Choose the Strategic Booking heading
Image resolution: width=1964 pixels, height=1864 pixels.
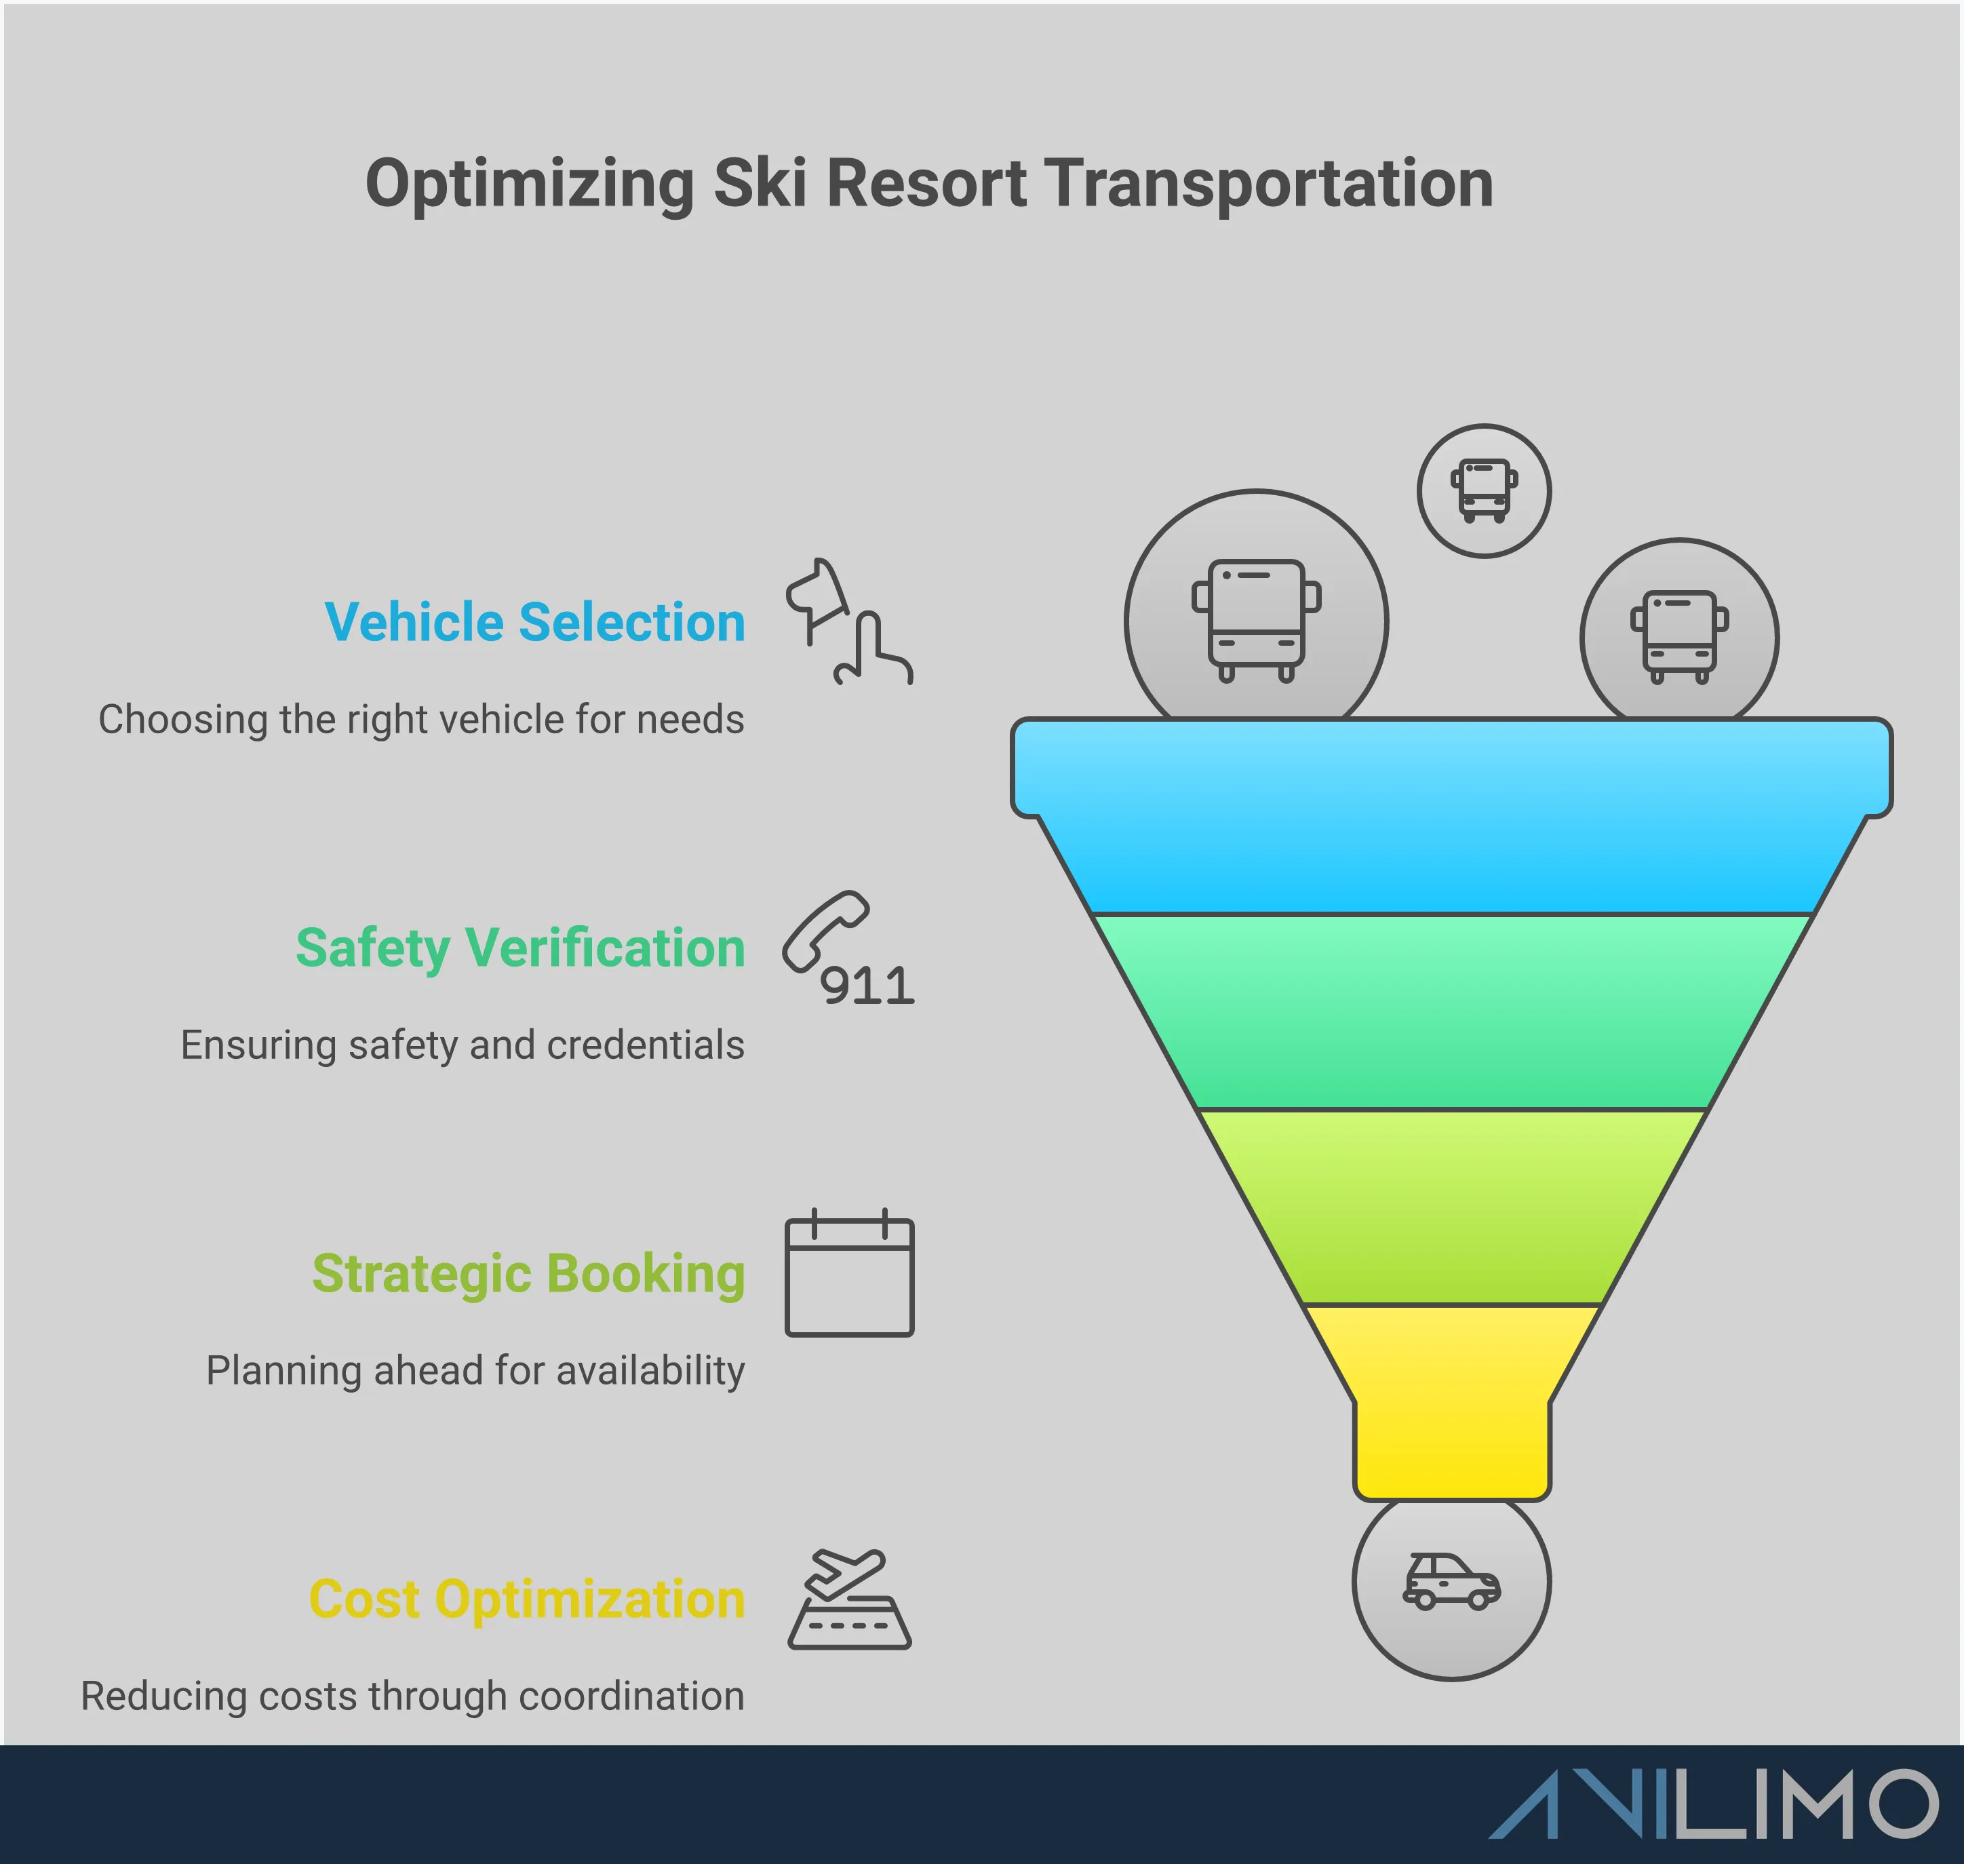click(x=528, y=1274)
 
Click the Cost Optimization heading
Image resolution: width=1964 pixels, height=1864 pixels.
click(x=526, y=1599)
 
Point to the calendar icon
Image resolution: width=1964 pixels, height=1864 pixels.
click(x=849, y=1276)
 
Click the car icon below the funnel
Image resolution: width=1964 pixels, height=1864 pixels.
click(x=1451, y=1581)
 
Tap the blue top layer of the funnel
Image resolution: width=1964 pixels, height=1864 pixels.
click(x=1451, y=815)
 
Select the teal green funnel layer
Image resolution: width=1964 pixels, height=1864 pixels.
click(x=1451, y=1011)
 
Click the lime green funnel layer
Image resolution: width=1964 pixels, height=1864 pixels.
click(x=1451, y=1206)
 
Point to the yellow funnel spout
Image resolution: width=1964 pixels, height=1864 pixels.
click(x=1451, y=1401)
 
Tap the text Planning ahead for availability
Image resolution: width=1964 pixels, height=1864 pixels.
click(x=475, y=1371)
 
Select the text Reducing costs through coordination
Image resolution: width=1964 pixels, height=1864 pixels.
click(x=412, y=1696)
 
